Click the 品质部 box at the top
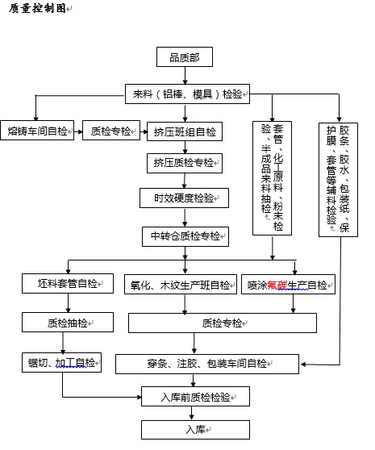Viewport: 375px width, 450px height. tap(185, 56)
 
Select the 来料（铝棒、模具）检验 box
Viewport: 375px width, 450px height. tap(187, 94)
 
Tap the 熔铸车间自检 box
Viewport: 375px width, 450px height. tap(37, 131)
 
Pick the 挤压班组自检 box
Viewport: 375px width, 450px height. tap(185, 131)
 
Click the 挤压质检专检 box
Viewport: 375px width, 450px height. tap(185, 163)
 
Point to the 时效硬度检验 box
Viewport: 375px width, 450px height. tap(184, 198)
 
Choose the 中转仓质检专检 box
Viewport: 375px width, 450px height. tap(185, 236)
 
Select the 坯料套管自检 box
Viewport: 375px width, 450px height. tap(68, 284)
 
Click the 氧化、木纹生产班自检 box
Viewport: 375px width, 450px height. tap(181, 285)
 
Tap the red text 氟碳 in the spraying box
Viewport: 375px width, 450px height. tap(277, 285)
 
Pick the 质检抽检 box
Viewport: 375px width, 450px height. tap(68, 323)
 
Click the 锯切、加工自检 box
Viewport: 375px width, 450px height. tap(61, 363)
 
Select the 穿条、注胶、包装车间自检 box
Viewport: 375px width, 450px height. tap(207, 364)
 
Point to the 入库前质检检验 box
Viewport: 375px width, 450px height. tap(195, 396)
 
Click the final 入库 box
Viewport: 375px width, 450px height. tap(195, 430)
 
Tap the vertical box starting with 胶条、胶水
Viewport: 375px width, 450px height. tap(338, 180)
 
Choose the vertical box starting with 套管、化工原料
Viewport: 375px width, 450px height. tap(272, 178)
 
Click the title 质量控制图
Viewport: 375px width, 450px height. tap(37, 8)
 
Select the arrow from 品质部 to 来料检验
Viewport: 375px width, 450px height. tap(185, 76)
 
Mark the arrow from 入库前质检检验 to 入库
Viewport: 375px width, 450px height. tap(191, 413)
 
